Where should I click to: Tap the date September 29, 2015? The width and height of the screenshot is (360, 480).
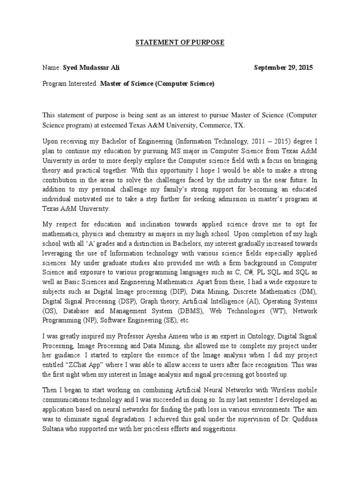pyautogui.click(x=283, y=68)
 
